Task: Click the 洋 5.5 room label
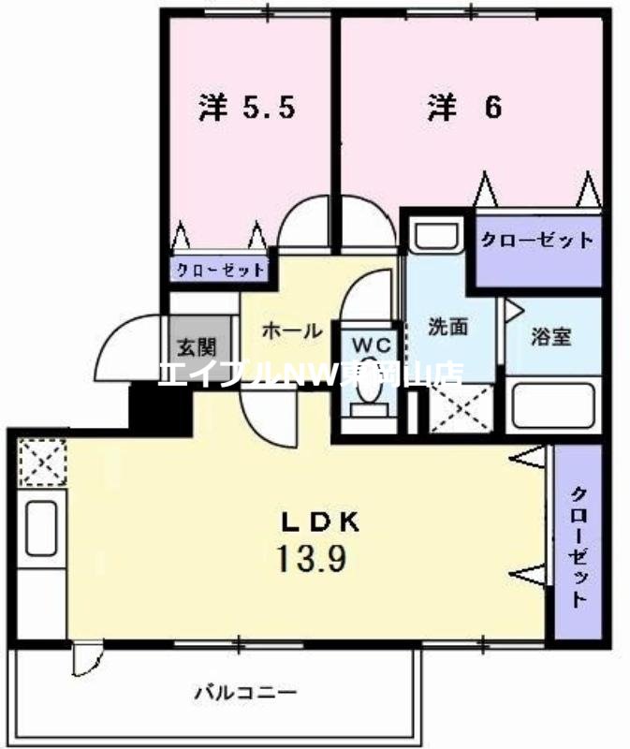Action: pos(247,108)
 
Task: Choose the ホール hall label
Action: pos(292,330)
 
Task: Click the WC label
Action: pos(371,344)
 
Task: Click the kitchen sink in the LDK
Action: pos(41,529)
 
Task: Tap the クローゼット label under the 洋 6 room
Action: pos(536,240)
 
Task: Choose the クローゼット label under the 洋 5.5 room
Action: pos(220,270)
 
